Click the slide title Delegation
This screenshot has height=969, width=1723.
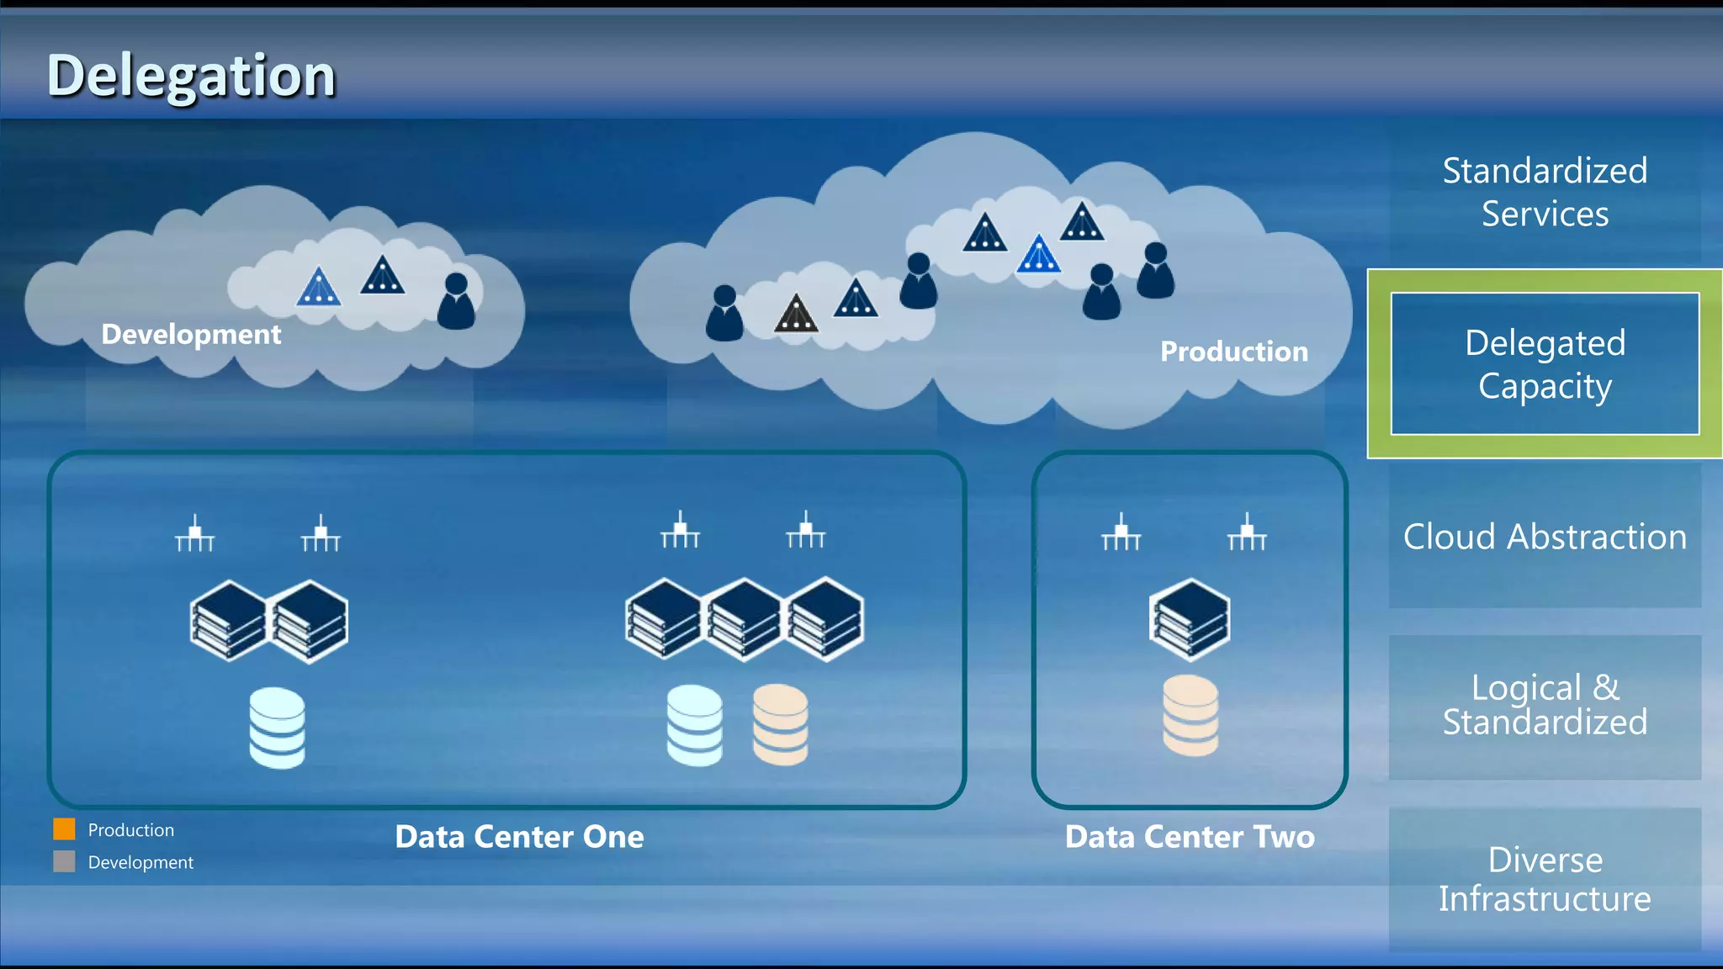tap(191, 76)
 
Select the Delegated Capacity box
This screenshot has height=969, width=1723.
tap(1545, 363)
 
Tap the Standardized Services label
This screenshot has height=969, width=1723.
tap(1545, 192)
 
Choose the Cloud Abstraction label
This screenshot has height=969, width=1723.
tap(1545, 537)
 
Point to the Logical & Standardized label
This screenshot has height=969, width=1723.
tap(1545, 705)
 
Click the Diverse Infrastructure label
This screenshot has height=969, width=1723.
tap(1545, 879)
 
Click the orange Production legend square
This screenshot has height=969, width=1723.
tap(64, 829)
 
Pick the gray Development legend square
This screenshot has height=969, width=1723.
tap(64, 861)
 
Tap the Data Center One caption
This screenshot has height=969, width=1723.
tap(519, 837)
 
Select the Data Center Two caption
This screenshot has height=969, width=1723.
tap(1190, 837)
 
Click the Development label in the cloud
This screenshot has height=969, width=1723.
tap(191, 334)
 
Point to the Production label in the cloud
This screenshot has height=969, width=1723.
tap(1234, 351)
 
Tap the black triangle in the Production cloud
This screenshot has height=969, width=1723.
tap(796, 315)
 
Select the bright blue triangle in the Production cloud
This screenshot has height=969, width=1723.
tap(1039, 255)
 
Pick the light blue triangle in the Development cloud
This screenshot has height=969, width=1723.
tap(318, 288)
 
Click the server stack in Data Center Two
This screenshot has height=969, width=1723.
tap(1190, 620)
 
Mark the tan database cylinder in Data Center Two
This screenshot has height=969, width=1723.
tap(1190, 716)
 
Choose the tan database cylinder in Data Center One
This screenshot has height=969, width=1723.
tap(780, 724)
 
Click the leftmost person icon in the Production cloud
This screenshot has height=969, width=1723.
tap(724, 314)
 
